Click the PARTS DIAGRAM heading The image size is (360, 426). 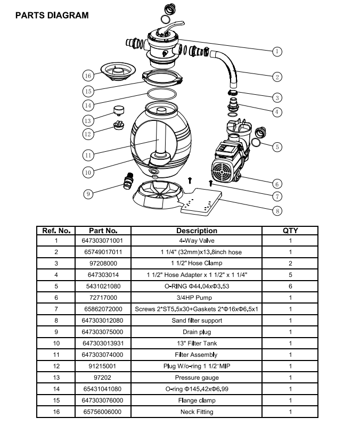click(x=52, y=15)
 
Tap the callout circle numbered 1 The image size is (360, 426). click(x=277, y=52)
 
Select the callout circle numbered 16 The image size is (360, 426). click(x=89, y=74)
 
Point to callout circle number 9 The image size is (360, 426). click(x=89, y=194)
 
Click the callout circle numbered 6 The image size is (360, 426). click(x=277, y=184)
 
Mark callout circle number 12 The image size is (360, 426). click(x=89, y=134)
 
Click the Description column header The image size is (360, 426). click(x=197, y=231)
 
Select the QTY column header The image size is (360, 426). click(x=290, y=231)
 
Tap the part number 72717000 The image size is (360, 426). click(x=103, y=297)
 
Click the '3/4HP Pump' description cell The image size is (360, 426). click(x=197, y=297)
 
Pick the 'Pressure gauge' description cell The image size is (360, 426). click(x=197, y=377)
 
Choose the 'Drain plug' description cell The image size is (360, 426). click(x=197, y=332)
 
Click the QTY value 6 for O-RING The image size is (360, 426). click(x=290, y=286)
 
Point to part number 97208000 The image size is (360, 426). click(x=103, y=263)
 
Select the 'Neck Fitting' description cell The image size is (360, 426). click(x=197, y=412)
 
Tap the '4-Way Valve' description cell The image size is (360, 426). click(x=197, y=240)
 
